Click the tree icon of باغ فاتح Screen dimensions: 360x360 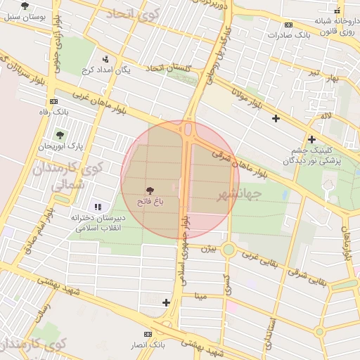pyautogui.click(x=149, y=190)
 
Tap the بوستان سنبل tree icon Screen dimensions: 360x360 pyautogui.click(x=25, y=6)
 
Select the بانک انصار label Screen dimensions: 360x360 pyautogui.click(x=148, y=345)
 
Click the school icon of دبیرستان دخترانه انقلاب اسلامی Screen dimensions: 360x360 pyautogui.click(x=98, y=207)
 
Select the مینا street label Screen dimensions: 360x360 pyautogui.click(x=202, y=296)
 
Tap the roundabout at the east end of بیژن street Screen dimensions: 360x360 pyautogui.click(x=229, y=249)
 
